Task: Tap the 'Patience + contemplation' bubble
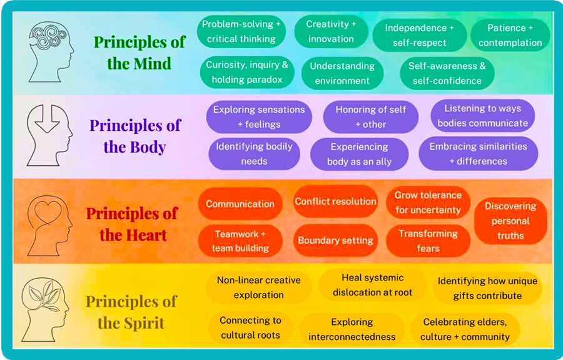[x=510, y=36]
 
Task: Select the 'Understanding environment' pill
[x=342, y=73]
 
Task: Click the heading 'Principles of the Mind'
[x=139, y=53]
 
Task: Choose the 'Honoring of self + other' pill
[x=370, y=116]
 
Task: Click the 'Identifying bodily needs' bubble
[x=254, y=154]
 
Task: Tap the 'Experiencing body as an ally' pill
[x=359, y=155]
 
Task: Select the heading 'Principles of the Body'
[x=134, y=136]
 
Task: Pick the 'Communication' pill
[x=240, y=204]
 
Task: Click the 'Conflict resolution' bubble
[x=335, y=202]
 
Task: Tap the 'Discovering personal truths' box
[x=510, y=221]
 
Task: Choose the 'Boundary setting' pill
[x=335, y=240]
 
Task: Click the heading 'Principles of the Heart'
[x=132, y=224]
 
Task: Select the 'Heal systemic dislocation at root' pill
[x=372, y=285]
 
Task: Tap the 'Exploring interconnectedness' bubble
[x=352, y=329]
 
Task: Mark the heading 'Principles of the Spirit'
[x=131, y=312]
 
